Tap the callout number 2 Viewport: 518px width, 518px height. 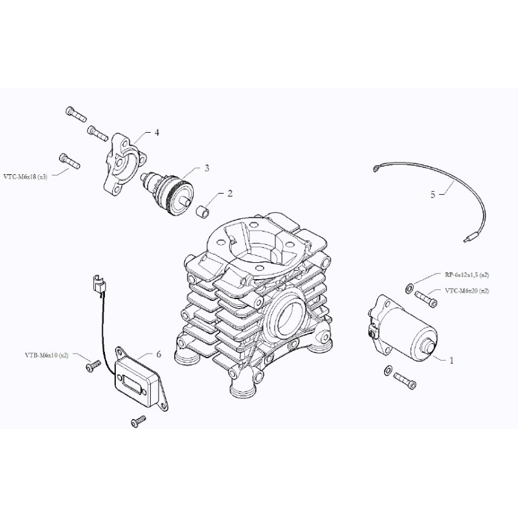[x=229, y=194]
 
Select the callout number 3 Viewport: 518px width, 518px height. [x=207, y=168]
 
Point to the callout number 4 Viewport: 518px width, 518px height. [x=156, y=132]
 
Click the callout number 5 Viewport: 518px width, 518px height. [x=433, y=194]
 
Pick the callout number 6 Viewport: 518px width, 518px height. [x=158, y=354]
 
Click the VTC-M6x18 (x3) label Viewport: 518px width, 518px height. [x=25, y=176]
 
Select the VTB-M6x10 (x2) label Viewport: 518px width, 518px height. [x=47, y=355]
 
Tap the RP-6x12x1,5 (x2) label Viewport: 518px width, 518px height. [x=467, y=275]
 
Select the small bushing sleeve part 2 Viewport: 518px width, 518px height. [x=204, y=210]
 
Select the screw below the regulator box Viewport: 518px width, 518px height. [x=138, y=422]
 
